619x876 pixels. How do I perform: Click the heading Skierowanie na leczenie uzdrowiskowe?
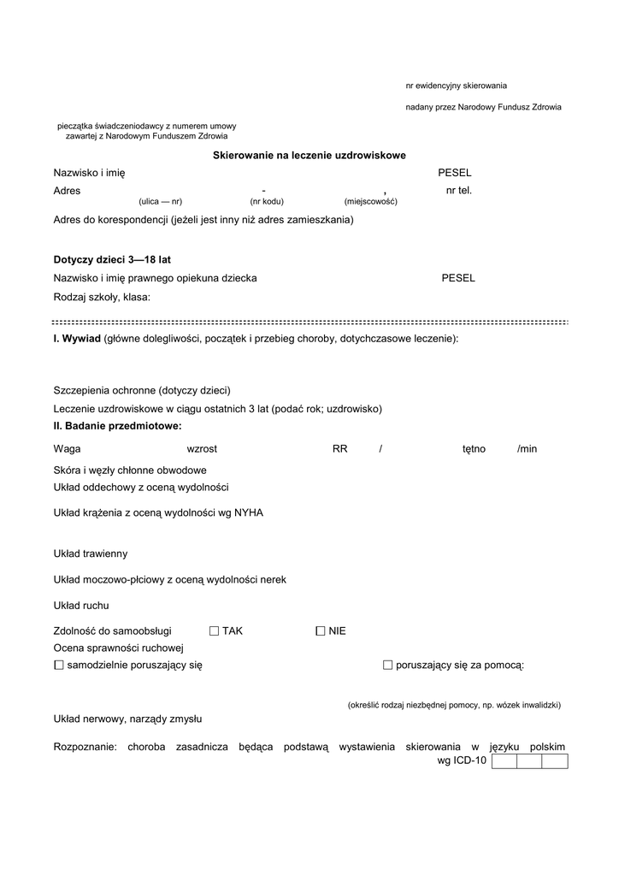coord(309,155)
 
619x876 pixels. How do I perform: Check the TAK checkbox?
coord(214,631)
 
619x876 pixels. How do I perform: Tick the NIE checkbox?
coord(321,631)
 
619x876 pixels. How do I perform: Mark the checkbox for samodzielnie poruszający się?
coord(59,665)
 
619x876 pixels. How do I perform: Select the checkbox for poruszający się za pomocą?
coord(387,665)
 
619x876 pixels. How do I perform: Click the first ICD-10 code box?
coord(504,761)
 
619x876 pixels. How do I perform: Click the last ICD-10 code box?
coord(555,761)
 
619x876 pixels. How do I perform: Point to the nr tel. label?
coord(458,190)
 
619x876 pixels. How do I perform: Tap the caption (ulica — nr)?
coord(160,202)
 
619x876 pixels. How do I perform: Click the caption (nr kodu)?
coord(267,202)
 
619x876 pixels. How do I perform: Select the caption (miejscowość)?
coord(371,202)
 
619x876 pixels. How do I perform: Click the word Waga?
coord(67,449)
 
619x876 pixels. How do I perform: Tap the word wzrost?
coord(202,449)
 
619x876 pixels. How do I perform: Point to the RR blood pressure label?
coord(339,449)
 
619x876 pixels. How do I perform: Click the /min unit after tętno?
coord(527,449)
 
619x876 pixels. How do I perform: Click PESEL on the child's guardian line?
coord(458,278)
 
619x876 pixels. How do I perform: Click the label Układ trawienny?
coord(91,553)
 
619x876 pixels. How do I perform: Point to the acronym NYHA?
coord(249,512)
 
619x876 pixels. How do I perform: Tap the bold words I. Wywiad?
coord(77,339)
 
